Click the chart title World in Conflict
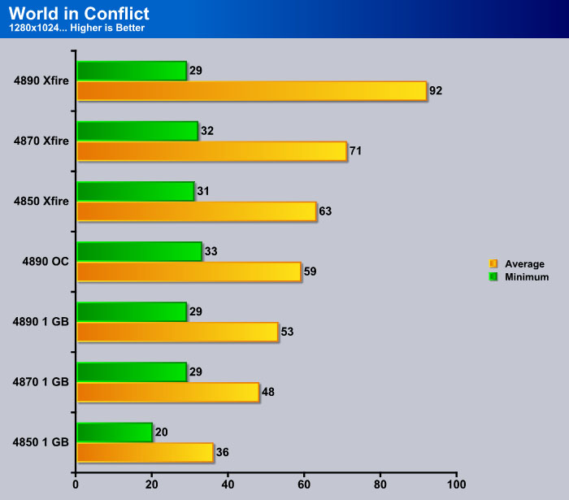click(79, 14)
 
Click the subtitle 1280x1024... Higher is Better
click(76, 28)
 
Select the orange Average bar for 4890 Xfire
click(252, 91)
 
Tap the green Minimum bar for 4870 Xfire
click(137, 131)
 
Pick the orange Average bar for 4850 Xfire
click(197, 211)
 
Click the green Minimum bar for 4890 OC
click(139, 251)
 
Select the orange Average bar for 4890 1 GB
click(178, 332)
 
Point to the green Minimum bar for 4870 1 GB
click(132, 372)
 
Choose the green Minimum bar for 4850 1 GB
click(115, 433)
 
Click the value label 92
click(436, 91)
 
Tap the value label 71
click(356, 151)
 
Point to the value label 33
click(211, 251)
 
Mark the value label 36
click(223, 452)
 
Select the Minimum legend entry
click(519, 277)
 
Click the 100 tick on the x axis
click(456, 485)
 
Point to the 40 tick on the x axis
click(228, 485)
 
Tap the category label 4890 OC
click(46, 262)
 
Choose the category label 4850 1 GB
click(41, 442)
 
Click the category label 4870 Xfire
click(41, 141)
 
